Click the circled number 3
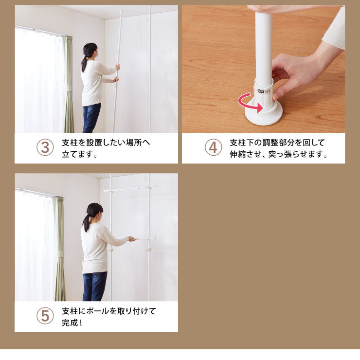45,147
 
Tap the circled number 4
213,147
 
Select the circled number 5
45,316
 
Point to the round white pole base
263,115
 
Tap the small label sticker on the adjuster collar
264,91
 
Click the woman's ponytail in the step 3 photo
84,63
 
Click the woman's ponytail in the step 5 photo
86,223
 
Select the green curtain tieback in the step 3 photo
69,89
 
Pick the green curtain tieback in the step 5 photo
59,254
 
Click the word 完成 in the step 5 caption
70,323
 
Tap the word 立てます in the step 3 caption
77,154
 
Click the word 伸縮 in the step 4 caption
237,154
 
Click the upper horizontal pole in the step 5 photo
130,188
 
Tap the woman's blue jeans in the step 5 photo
94,286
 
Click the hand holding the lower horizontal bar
132,239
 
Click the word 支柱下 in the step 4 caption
241,143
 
